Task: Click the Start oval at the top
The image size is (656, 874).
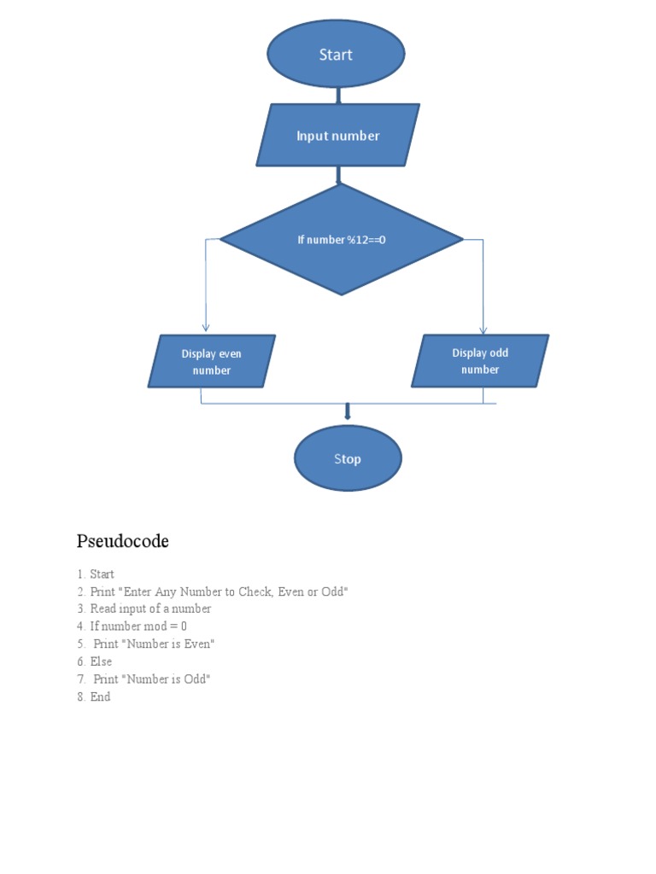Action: [x=336, y=55]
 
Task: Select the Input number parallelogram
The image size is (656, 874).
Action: [x=338, y=136]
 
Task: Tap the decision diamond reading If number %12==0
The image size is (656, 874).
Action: [x=342, y=240]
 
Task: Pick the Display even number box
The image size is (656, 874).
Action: [x=212, y=362]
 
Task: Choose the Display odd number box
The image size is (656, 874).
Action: [x=480, y=361]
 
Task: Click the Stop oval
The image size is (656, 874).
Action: [x=348, y=459]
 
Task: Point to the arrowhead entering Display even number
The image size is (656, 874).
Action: [x=205, y=327]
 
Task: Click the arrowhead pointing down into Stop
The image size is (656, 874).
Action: [x=348, y=416]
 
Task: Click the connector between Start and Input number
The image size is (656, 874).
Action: [x=338, y=96]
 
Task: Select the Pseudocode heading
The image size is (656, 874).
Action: [x=122, y=541]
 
